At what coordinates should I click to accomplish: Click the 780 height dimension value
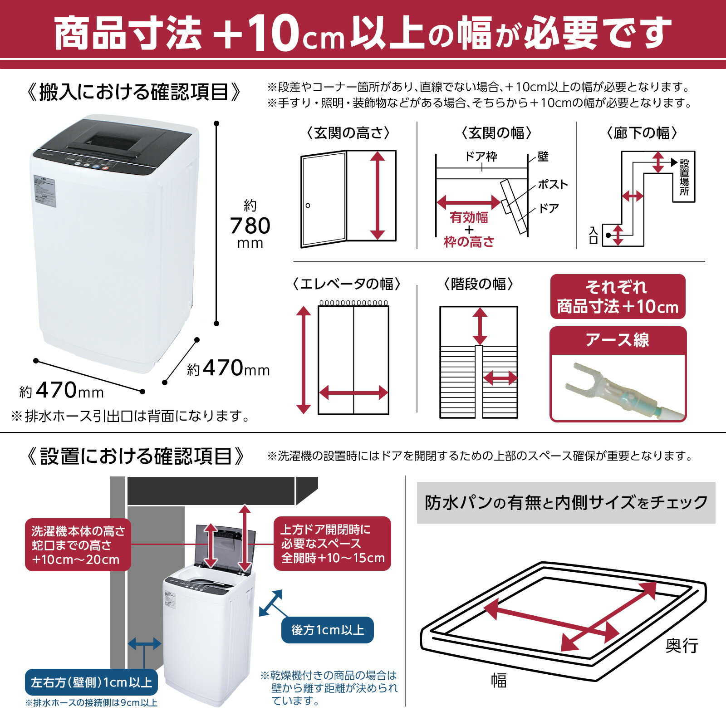point(250,226)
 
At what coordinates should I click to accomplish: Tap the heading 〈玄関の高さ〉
point(348,133)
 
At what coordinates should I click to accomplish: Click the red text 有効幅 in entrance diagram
point(469,217)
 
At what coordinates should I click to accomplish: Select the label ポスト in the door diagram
point(552,184)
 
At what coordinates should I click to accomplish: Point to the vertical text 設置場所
point(684,177)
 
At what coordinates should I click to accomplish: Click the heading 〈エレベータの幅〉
point(347,284)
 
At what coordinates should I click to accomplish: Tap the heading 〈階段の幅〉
point(478,284)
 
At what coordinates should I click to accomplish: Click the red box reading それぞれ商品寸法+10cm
point(618,297)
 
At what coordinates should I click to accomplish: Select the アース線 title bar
point(618,340)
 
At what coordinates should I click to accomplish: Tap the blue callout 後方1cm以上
point(327,630)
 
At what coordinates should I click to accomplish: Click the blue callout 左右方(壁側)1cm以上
point(91,682)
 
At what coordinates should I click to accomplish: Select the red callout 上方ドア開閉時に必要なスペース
point(332,544)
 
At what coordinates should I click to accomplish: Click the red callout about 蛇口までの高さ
point(78,545)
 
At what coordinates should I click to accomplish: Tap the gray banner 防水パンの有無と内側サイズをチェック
point(566,502)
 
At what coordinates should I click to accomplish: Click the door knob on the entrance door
point(308,206)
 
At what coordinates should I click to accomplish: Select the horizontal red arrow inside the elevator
point(353,393)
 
